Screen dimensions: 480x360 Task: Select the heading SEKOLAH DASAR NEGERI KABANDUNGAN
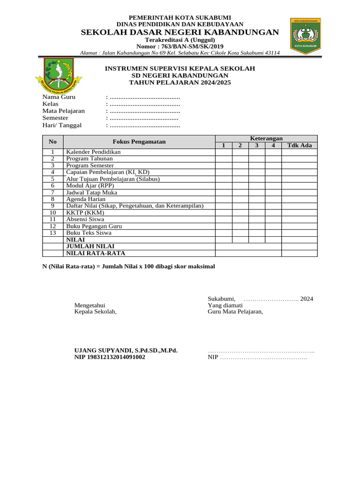tap(180, 32)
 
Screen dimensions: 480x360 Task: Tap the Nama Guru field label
tap(59, 97)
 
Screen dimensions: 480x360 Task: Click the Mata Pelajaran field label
tap(63, 111)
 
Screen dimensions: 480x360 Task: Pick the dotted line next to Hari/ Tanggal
tap(144, 125)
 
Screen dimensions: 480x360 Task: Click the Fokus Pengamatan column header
tap(139, 142)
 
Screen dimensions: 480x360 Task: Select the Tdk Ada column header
tap(299, 145)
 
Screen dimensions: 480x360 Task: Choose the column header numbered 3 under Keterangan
tap(256, 145)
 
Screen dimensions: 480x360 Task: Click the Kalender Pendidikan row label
tap(93, 152)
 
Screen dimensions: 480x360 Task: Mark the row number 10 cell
tap(53, 212)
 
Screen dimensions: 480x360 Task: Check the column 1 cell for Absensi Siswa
tap(224, 219)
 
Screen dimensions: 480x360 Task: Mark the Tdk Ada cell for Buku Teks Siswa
tap(299, 232)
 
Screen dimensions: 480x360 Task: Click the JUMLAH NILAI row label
tap(90, 246)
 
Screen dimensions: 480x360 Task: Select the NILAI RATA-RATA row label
tap(96, 253)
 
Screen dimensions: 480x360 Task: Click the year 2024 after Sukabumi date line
tap(307, 299)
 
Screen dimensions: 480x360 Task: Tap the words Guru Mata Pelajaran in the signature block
tap(235, 312)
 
